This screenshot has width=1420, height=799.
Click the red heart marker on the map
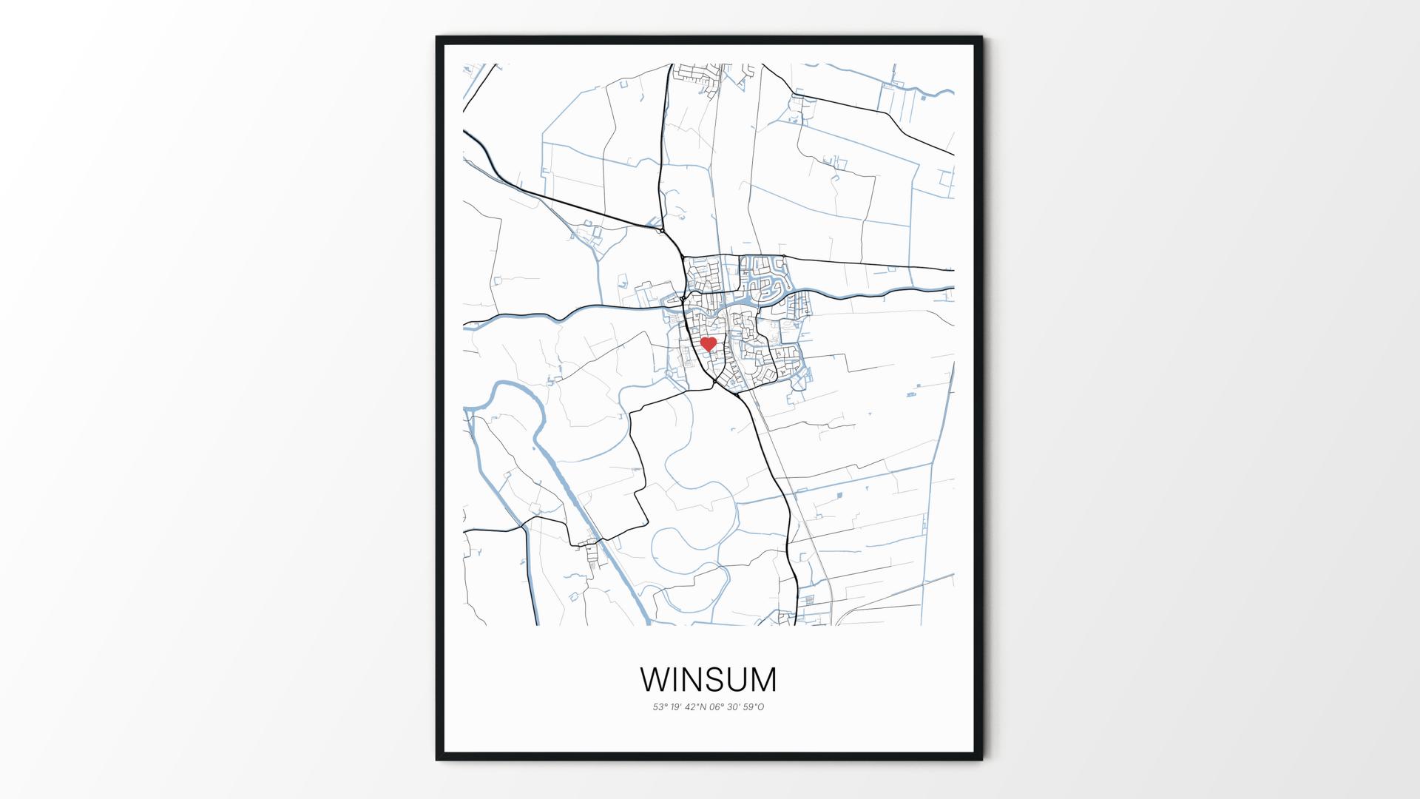[709, 344]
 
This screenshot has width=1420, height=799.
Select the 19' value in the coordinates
[678, 707]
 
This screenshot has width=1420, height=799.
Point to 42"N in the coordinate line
[698, 707]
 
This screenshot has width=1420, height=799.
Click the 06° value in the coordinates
[718, 707]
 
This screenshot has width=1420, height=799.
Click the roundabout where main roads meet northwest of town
[660, 231]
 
